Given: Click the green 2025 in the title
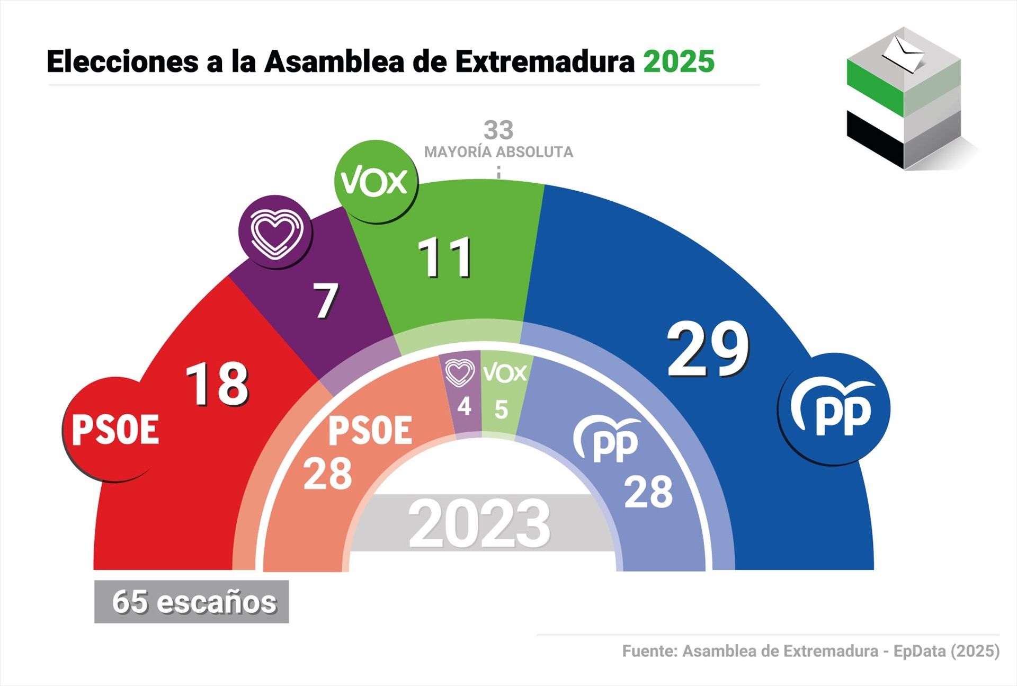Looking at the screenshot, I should click(679, 61).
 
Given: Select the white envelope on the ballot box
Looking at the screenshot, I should click(903, 53).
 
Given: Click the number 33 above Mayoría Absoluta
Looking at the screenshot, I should click(498, 130).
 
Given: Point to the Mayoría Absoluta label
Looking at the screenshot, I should click(498, 152).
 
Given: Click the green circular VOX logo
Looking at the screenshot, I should click(375, 181).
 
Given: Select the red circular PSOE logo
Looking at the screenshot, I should click(115, 429).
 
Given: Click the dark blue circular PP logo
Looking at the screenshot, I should click(834, 408).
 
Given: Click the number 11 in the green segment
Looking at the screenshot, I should click(445, 258).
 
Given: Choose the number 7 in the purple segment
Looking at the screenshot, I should click(325, 300).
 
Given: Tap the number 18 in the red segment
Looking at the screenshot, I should click(217, 384).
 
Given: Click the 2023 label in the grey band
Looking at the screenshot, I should click(479, 524).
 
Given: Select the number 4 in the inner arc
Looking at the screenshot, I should click(465, 407).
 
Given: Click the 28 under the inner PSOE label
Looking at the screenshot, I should click(327, 474).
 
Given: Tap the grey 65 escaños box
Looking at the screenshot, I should click(192, 602).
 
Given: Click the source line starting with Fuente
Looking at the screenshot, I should click(810, 651).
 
